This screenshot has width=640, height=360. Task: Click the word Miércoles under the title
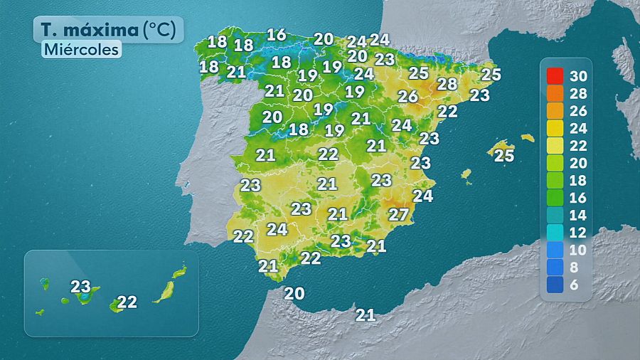(x=80, y=50)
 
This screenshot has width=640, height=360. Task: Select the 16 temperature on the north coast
(x=276, y=34)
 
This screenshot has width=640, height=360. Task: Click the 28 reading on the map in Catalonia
(x=447, y=84)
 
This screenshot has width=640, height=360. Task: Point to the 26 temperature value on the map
(x=407, y=96)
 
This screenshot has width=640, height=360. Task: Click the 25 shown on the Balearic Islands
(x=503, y=155)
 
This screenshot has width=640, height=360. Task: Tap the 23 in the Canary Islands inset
(x=80, y=287)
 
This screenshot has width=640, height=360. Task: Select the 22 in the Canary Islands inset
(x=127, y=302)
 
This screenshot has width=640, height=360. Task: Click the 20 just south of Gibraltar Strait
(x=294, y=293)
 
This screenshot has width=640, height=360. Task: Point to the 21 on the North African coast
(x=366, y=314)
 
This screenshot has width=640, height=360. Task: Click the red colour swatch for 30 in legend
(x=555, y=75)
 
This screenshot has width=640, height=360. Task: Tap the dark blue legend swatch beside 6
(x=555, y=285)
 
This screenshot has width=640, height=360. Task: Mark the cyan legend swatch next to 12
(x=555, y=233)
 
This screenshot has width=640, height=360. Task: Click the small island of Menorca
(x=527, y=138)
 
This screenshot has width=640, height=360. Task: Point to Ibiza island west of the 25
(x=466, y=173)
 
